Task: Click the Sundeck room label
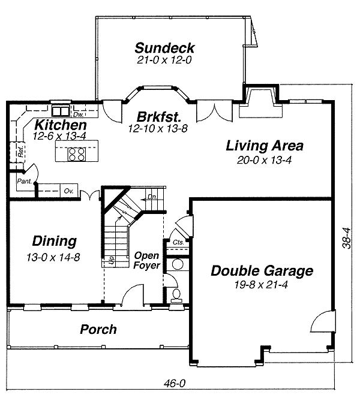tap(164, 48)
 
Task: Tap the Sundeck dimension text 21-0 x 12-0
tap(164, 60)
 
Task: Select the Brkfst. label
tap(158, 116)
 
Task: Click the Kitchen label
tap(59, 125)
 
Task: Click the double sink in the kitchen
tap(60, 110)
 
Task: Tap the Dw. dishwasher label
tap(78, 114)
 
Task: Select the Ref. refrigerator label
tap(20, 153)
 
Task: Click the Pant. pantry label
tap(25, 181)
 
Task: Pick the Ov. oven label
tap(68, 191)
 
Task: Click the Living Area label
tap(264, 146)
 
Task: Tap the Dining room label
tap(54, 242)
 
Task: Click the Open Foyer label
tap(146, 260)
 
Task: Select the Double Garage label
tap(262, 271)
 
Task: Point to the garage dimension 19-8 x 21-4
tap(262, 284)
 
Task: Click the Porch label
tap(98, 330)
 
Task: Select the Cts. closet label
tap(178, 242)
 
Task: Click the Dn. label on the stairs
tap(152, 197)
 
